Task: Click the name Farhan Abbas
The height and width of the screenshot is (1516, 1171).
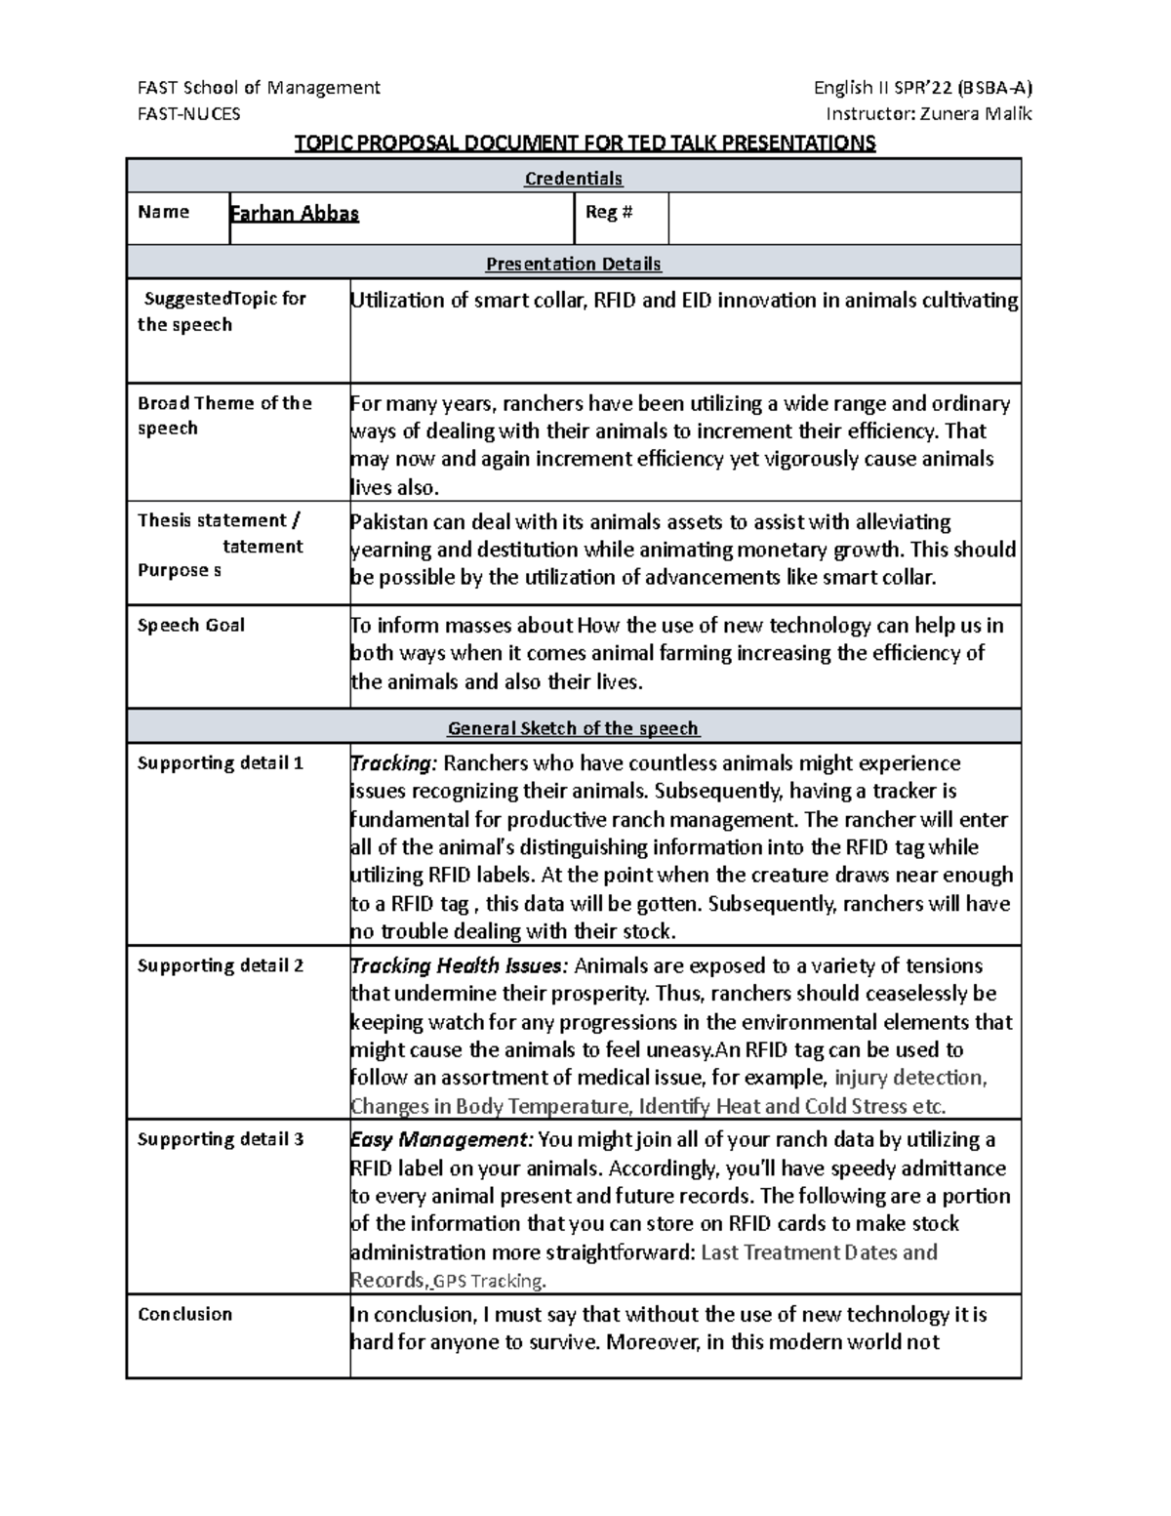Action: pos(295,214)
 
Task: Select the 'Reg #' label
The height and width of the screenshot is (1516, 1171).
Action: pos(608,212)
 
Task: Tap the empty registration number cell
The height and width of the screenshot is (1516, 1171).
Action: pos(844,218)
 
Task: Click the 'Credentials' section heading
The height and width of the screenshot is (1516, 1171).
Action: pos(574,179)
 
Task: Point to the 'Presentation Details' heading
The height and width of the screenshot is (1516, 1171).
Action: pos(574,264)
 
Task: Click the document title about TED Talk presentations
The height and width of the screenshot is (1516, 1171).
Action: pos(585,143)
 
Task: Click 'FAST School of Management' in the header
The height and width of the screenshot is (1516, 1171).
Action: pos(260,87)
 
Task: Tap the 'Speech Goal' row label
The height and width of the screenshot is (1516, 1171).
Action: pos(191,625)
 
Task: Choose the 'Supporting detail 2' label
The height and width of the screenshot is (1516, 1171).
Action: pos(221,965)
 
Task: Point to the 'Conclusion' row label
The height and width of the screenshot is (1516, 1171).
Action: pos(185,1314)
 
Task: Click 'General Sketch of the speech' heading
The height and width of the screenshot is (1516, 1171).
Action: pos(574,728)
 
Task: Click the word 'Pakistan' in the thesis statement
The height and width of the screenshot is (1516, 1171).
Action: pos(388,521)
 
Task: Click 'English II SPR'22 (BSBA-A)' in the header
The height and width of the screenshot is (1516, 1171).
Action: pos(922,87)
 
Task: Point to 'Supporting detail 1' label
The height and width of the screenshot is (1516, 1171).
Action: pos(221,762)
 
